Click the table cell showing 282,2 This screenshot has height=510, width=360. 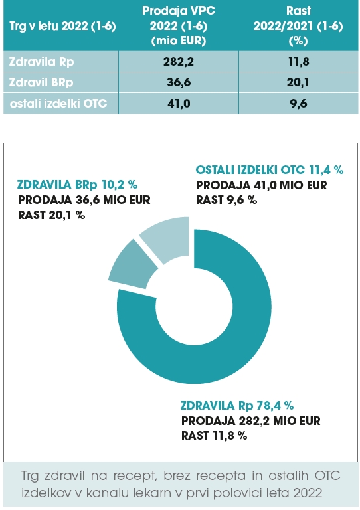(x=179, y=62)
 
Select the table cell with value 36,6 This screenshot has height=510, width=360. (x=179, y=82)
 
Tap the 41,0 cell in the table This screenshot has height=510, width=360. (x=179, y=104)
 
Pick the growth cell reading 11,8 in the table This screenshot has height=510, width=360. (x=298, y=62)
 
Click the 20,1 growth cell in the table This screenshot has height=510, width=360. (x=298, y=82)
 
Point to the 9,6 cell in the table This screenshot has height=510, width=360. (x=298, y=104)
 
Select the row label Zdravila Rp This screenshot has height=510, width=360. (x=41, y=62)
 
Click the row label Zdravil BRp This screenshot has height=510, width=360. (x=41, y=82)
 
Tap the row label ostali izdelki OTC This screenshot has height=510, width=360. (x=58, y=104)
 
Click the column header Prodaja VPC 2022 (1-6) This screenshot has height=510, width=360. (x=179, y=26)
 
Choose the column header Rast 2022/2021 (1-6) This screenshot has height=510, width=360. (x=298, y=26)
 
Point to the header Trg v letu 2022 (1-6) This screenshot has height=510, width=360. (x=62, y=26)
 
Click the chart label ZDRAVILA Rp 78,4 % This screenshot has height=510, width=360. (x=236, y=406)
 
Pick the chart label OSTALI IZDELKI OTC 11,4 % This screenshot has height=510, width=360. (x=269, y=170)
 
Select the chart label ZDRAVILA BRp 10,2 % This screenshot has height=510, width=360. (x=77, y=185)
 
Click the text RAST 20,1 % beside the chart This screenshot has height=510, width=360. (x=51, y=215)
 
